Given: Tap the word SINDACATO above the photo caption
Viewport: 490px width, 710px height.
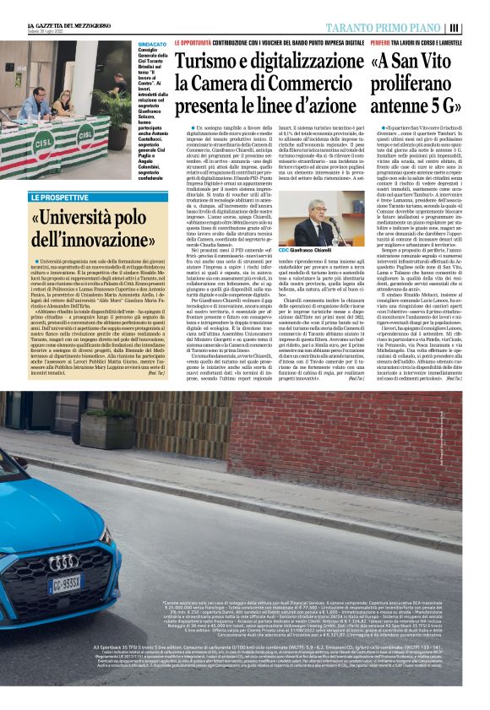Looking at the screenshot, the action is tap(151, 41).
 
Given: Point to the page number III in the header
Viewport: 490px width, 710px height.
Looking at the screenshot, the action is tap(476, 26).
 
